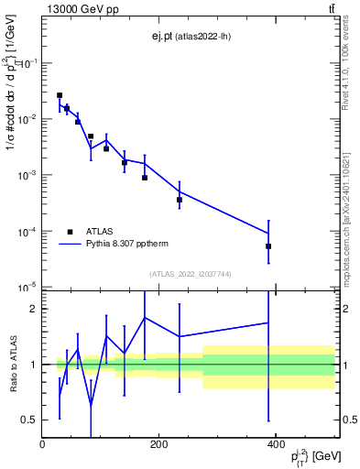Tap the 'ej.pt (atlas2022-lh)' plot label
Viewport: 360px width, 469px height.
(191, 38)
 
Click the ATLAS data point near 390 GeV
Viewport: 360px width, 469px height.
(268, 246)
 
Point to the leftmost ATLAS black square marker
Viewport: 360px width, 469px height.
(60, 95)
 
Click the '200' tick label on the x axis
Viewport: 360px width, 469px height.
(159, 444)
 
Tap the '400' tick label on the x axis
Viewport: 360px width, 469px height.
(276, 444)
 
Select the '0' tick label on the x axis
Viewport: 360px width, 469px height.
(43, 444)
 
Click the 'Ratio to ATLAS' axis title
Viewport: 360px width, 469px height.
(12, 365)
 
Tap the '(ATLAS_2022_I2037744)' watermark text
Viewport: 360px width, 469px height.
(191, 274)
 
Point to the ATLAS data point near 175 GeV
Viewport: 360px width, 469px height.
(145, 178)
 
